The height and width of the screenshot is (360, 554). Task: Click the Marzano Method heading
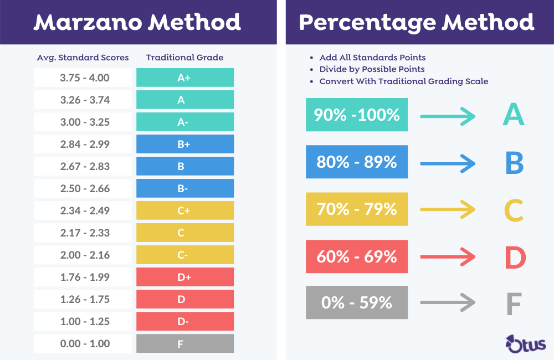(137, 22)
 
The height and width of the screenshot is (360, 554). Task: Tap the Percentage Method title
(416, 22)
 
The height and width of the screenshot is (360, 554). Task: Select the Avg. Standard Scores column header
(83, 58)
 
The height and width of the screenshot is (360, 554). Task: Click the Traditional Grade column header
(184, 58)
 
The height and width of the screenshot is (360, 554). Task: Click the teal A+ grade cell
(184, 78)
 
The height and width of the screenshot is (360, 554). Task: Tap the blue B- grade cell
(184, 188)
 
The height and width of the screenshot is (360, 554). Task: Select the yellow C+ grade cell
(184, 210)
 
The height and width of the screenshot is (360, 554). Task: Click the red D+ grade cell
(184, 277)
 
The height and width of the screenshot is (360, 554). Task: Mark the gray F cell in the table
(184, 343)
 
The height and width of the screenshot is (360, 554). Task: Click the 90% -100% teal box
(357, 115)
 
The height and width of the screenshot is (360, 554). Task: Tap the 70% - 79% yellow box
(357, 209)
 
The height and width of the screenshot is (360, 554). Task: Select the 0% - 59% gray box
(357, 302)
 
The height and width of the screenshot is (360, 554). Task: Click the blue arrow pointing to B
(447, 163)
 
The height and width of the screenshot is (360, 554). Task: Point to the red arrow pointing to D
(447, 256)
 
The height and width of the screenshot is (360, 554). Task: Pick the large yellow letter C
(514, 210)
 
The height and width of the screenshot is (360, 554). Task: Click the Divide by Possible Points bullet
(372, 69)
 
